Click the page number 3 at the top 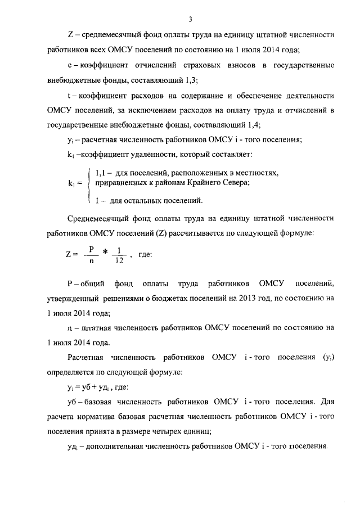191,20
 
